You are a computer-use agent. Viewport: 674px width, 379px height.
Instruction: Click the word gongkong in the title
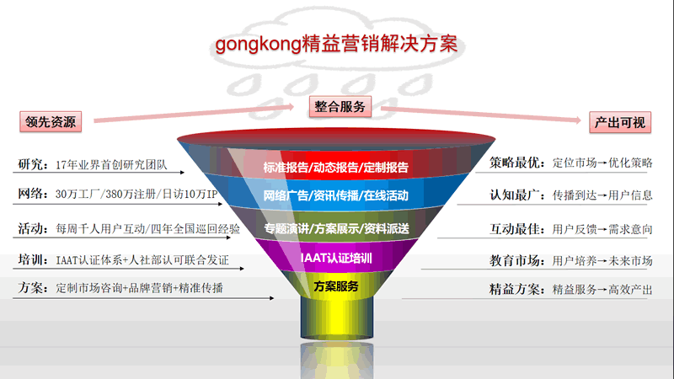[x=258, y=45]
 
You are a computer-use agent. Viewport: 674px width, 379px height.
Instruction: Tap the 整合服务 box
[x=340, y=107]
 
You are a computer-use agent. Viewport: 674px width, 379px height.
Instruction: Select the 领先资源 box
[x=51, y=121]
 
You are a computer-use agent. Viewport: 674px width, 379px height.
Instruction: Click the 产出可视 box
[x=620, y=122]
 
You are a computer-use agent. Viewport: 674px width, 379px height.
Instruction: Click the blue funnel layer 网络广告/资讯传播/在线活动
[x=335, y=195]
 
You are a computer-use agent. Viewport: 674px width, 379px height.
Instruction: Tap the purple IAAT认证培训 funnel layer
[x=335, y=257]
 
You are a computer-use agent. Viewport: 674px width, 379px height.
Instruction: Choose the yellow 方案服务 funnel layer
[x=335, y=286]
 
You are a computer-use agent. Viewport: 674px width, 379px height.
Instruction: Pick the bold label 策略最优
[x=515, y=163]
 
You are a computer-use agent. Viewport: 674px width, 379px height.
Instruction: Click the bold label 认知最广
[x=515, y=195]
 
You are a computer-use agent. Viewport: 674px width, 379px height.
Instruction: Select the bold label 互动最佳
[x=515, y=229]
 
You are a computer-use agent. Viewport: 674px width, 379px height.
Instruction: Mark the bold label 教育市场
[x=515, y=260]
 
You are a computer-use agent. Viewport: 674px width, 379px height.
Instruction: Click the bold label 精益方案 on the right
[x=515, y=289]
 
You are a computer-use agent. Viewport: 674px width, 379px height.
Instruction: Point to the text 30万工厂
[x=78, y=195]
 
